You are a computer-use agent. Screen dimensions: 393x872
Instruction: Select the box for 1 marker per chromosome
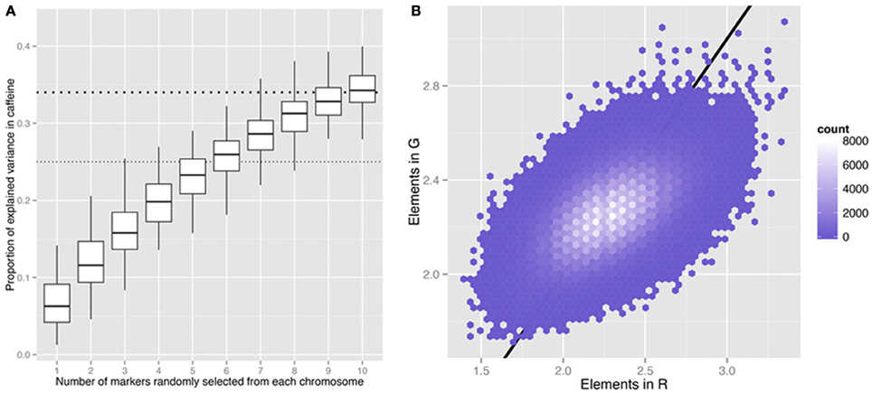(x=56, y=303)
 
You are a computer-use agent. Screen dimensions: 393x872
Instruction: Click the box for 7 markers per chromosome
(x=260, y=135)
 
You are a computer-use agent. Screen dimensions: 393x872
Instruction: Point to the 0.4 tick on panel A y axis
(x=28, y=46)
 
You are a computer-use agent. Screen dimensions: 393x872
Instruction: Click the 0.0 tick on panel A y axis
(x=28, y=355)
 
